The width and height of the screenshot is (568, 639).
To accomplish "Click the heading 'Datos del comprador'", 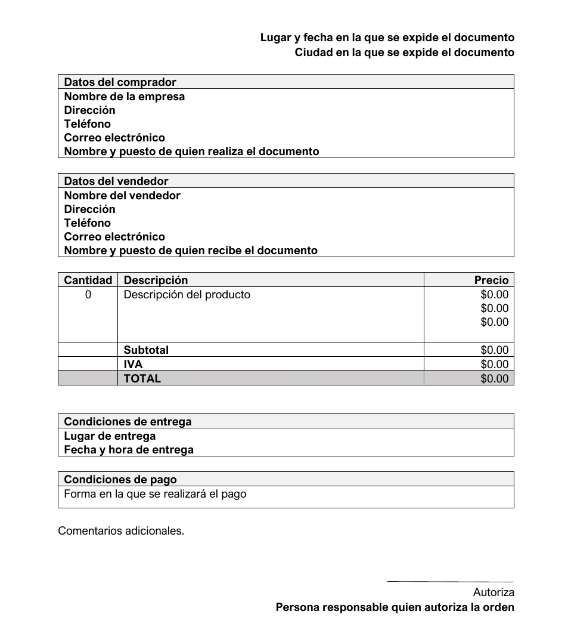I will click(120, 82).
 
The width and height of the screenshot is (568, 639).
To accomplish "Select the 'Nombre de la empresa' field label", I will click(124, 97).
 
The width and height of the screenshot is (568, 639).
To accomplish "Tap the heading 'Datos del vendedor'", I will click(116, 181).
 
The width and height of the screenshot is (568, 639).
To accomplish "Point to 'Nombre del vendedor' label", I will click(122, 196).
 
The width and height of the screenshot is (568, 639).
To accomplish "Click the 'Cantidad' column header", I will click(88, 280).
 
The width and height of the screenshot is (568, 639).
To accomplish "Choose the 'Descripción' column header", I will click(156, 280).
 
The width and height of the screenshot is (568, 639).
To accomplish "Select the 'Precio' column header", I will click(491, 280).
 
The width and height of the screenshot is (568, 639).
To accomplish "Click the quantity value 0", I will click(88, 295).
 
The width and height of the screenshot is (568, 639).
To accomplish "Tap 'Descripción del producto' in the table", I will click(187, 295).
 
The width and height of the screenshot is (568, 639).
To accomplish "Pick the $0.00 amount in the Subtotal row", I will click(494, 350).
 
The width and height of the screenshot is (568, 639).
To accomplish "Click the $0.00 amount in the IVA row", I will click(494, 365).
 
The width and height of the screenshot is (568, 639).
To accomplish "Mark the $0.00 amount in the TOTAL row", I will click(494, 379).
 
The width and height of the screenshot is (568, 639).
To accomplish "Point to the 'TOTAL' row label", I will click(142, 379).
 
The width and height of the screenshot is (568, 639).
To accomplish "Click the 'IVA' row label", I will click(133, 365).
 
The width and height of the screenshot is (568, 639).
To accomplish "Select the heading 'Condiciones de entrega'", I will click(128, 422).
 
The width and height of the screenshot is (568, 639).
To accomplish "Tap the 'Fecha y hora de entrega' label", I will click(129, 450).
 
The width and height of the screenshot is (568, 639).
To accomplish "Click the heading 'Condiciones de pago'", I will click(120, 480).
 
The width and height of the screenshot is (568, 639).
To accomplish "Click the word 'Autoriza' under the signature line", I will click(493, 592).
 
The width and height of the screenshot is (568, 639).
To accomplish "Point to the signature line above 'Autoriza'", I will click(450, 582).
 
